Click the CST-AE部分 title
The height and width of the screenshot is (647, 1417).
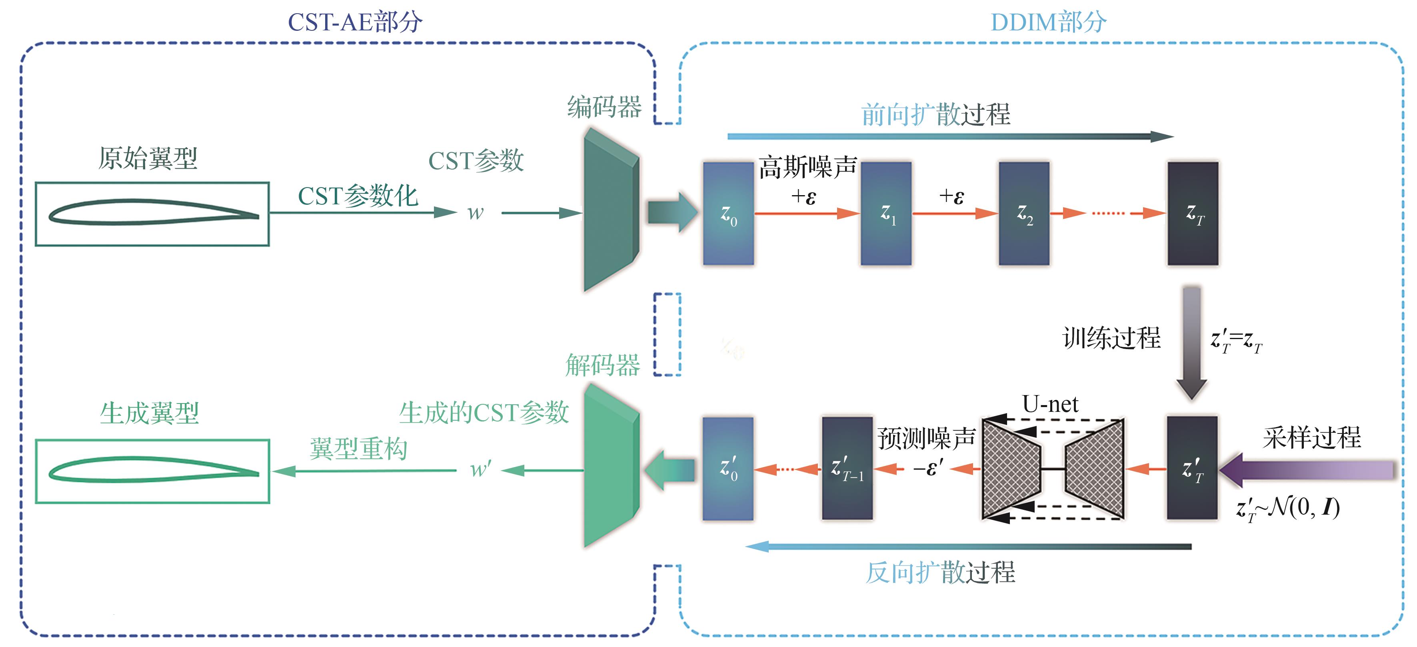(x=355, y=22)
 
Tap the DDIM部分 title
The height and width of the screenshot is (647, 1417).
(x=1048, y=22)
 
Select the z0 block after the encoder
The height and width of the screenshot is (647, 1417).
(x=728, y=214)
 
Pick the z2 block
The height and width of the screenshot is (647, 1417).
(x=1024, y=214)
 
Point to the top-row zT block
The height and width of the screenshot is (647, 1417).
(x=1193, y=214)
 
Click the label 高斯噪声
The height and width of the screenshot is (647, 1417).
(x=807, y=167)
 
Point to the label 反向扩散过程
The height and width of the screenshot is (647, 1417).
(x=941, y=572)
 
